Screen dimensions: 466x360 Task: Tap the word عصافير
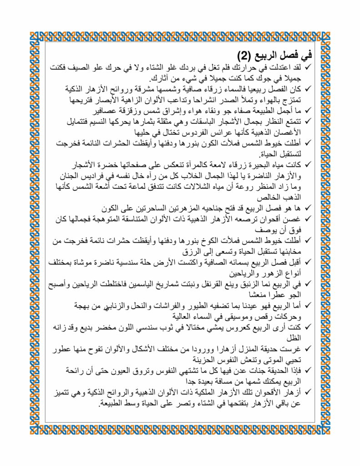(x=106, y=111)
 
